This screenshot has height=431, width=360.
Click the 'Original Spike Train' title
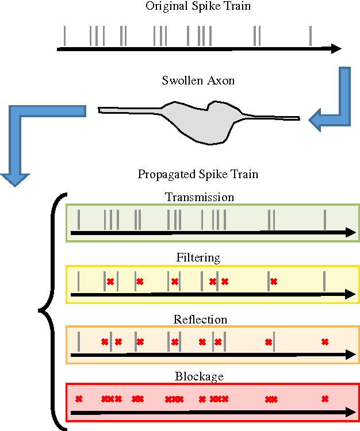click(198, 6)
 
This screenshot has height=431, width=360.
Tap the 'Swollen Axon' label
click(198, 80)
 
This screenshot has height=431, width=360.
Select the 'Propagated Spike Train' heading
click(198, 174)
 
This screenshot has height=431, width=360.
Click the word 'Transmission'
click(200, 197)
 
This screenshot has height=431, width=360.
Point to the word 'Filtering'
click(197, 258)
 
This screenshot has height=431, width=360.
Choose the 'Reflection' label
click(200, 320)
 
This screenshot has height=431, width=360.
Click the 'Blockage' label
click(199, 377)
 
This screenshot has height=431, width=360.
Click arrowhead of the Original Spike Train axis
click(336, 49)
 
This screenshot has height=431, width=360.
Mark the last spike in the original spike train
click(311, 36)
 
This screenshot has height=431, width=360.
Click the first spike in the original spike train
click(64, 36)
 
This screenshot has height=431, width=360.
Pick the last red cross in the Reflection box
click(325, 342)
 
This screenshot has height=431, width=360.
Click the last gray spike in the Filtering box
click(324, 280)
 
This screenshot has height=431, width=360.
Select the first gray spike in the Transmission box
click(79, 219)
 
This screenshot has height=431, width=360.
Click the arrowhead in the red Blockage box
click(350, 412)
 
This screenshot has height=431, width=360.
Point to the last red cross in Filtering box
click(274, 282)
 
